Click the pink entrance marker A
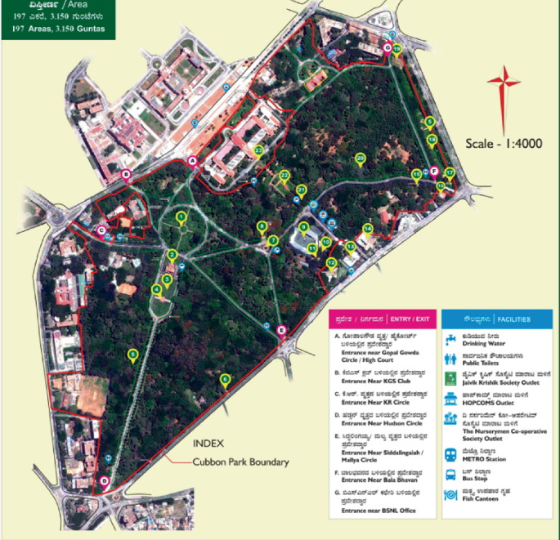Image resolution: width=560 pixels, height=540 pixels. point(193,162)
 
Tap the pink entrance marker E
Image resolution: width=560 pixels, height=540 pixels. point(282,330)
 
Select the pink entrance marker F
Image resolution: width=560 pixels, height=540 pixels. point(434,173)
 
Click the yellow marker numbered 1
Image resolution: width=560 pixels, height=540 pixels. point(181,217)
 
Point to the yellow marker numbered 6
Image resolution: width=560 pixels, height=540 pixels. point(225,378)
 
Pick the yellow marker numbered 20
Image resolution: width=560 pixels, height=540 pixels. point(360,158)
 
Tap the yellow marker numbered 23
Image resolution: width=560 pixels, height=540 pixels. point(258,151)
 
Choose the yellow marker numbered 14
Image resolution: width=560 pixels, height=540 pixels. point(368,229)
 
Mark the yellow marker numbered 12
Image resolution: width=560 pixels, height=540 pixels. point(331,262)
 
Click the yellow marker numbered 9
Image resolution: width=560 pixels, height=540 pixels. point(303,227)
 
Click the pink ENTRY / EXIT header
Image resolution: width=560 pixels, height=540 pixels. point(380,319)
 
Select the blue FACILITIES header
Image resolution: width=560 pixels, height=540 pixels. point(495,319)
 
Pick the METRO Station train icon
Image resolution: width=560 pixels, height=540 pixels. point(450,455)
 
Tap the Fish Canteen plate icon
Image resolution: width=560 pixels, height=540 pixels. point(450,493)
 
